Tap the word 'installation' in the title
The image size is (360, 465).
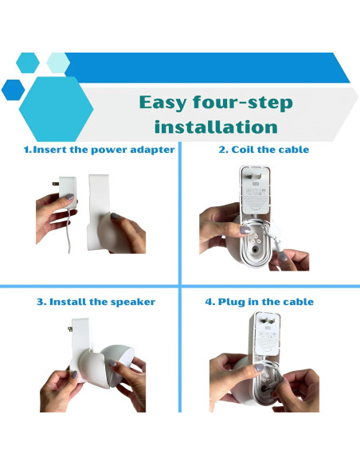[x=216, y=127]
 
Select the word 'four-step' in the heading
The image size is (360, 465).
[x=243, y=103]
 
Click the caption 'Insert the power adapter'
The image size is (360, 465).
[x=104, y=150]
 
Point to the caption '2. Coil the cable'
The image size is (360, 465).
[x=264, y=150]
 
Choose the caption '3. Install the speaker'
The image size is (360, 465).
[x=96, y=302]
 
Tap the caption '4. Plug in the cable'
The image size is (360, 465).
[x=260, y=302]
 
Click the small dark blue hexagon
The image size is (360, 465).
[x=13, y=90]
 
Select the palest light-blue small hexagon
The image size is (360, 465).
[x=58, y=63]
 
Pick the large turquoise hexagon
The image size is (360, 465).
[x=56, y=109]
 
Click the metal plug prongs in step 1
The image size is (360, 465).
[x=56, y=184]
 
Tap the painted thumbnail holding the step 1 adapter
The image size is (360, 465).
[x=69, y=197]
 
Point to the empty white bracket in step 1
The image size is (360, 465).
[x=98, y=208]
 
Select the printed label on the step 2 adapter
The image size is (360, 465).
[x=256, y=196]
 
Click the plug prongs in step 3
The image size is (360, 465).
[x=70, y=329]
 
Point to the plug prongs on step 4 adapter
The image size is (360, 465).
[x=268, y=321]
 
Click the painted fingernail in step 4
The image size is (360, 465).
[x=259, y=368]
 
